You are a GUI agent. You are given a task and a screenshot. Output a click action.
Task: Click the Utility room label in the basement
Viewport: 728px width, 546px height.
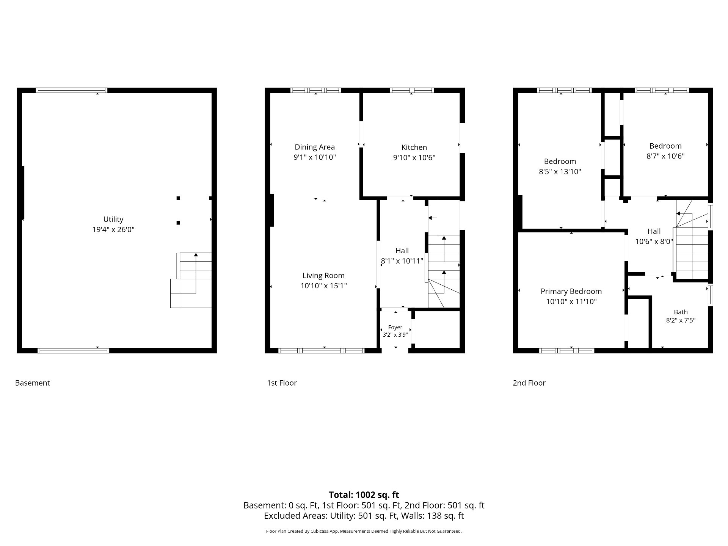[x=113, y=219]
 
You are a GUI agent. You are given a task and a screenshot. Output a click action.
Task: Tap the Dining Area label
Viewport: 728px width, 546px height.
[x=315, y=147]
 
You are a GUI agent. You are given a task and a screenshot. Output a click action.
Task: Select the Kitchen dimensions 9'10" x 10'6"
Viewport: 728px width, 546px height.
[x=414, y=157]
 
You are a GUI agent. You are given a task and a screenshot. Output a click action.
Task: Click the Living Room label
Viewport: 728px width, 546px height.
[x=323, y=276]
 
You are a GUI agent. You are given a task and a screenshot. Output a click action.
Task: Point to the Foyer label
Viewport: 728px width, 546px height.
[x=395, y=327]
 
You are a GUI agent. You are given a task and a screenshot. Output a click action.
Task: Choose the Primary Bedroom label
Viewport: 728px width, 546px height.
[x=571, y=292]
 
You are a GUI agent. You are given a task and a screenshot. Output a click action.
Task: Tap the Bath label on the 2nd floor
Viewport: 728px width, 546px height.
[x=681, y=312]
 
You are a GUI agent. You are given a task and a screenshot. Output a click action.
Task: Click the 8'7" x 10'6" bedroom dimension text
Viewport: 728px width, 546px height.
[x=665, y=156]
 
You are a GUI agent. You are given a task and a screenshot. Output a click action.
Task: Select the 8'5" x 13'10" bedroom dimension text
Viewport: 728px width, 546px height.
[x=560, y=171]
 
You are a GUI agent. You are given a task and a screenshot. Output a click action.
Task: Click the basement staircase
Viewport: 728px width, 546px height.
[x=191, y=281]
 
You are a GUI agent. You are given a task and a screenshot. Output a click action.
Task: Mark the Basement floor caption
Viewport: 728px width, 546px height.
[x=32, y=383]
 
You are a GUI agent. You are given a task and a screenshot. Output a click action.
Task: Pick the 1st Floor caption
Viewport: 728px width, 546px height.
[x=282, y=383]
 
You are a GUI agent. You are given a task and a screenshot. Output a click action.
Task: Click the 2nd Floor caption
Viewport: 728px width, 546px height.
[x=529, y=383]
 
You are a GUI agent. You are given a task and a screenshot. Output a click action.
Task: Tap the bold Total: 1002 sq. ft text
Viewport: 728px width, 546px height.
[x=364, y=495]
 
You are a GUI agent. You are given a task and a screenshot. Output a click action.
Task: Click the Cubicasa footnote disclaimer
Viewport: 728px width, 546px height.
[x=364, y=531]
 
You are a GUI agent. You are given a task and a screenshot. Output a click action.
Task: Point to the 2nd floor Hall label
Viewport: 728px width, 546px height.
[x=654, y=231]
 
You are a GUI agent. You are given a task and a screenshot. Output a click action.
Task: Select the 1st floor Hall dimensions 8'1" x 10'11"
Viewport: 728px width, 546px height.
[x=402, y=261]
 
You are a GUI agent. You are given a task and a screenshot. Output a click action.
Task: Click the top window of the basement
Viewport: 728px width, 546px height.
[x=72, y=90]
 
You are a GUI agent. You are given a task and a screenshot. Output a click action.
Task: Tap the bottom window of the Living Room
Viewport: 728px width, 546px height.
[x=322, y=351]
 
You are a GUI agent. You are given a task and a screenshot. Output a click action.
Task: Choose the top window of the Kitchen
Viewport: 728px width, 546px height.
[x=412, y=90]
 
